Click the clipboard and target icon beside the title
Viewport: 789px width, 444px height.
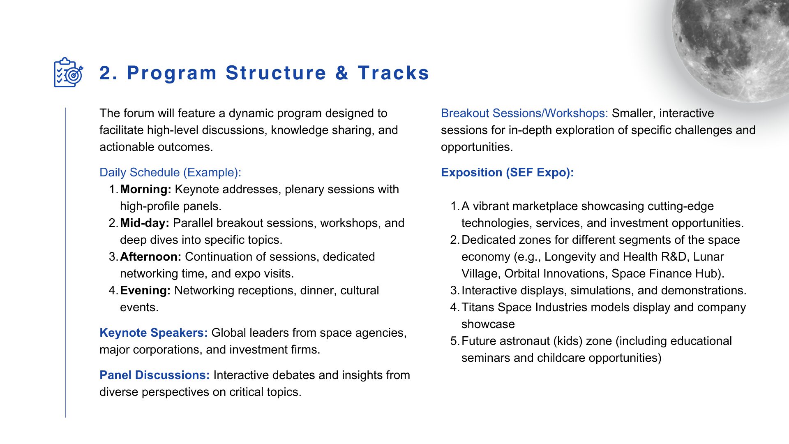coord(69,72)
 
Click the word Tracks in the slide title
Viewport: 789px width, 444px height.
coord(394,73)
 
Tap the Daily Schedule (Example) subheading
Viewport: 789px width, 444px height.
coord(170,172)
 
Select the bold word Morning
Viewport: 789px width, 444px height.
coord(145,189)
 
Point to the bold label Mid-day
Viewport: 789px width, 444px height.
coord(145,223)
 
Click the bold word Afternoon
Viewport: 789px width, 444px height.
coord(150,257)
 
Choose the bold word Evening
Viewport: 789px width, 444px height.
coord(145,290)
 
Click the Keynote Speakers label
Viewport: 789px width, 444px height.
coord(154,333)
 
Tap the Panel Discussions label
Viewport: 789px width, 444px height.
coord(155,375)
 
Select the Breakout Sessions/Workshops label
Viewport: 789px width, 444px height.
coord(524,113)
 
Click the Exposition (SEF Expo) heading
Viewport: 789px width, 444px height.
coord(507,172)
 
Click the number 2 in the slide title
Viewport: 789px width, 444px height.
coord(106,73)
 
